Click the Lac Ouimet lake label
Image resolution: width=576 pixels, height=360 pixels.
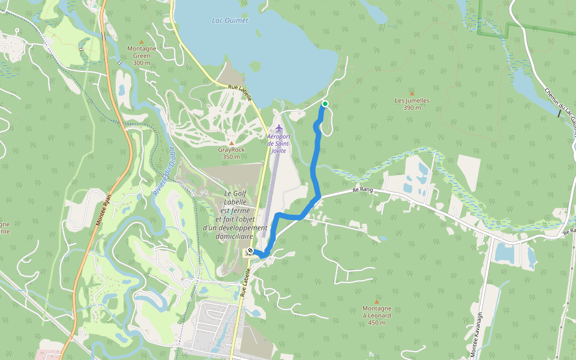point(230,20)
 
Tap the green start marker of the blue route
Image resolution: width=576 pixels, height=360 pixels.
point(325,104)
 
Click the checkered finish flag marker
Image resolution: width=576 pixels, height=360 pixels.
point(250,251)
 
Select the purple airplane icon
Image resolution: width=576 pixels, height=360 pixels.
point(278,127)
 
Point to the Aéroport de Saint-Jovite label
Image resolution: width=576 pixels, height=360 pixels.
point(278,143)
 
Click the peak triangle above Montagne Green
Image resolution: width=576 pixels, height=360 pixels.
point(142,41)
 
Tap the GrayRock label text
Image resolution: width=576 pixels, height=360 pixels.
point(231,149)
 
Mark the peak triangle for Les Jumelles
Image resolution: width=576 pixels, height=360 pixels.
point(412,94)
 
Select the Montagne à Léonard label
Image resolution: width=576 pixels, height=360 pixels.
point(376,312)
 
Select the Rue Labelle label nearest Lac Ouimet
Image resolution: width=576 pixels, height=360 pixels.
point(241,92)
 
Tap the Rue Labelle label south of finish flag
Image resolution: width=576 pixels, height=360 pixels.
point(244,283)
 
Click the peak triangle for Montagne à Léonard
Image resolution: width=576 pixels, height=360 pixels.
point(376,301)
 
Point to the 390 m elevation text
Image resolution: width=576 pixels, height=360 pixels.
point(412,108)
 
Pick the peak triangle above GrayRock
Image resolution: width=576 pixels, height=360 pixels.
point(231,143)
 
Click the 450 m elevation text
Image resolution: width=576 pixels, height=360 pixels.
point(376,323)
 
